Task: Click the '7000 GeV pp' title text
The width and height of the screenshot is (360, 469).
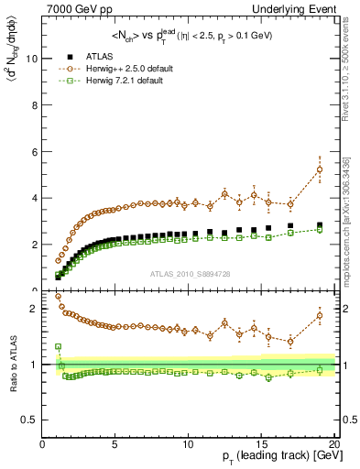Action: [x=78, y=9]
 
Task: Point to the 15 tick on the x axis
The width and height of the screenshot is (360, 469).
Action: [x=261, y=444]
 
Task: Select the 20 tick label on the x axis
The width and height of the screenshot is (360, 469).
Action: [x=333, y=444]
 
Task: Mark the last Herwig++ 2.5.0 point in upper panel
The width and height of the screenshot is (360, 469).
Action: [x=320, y=169]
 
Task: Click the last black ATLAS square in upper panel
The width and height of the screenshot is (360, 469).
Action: [x=320, y=225]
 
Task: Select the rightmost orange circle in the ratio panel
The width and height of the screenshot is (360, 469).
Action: [x=320, y=316]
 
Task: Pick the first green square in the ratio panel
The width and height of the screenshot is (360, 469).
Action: [x=58, y=347]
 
